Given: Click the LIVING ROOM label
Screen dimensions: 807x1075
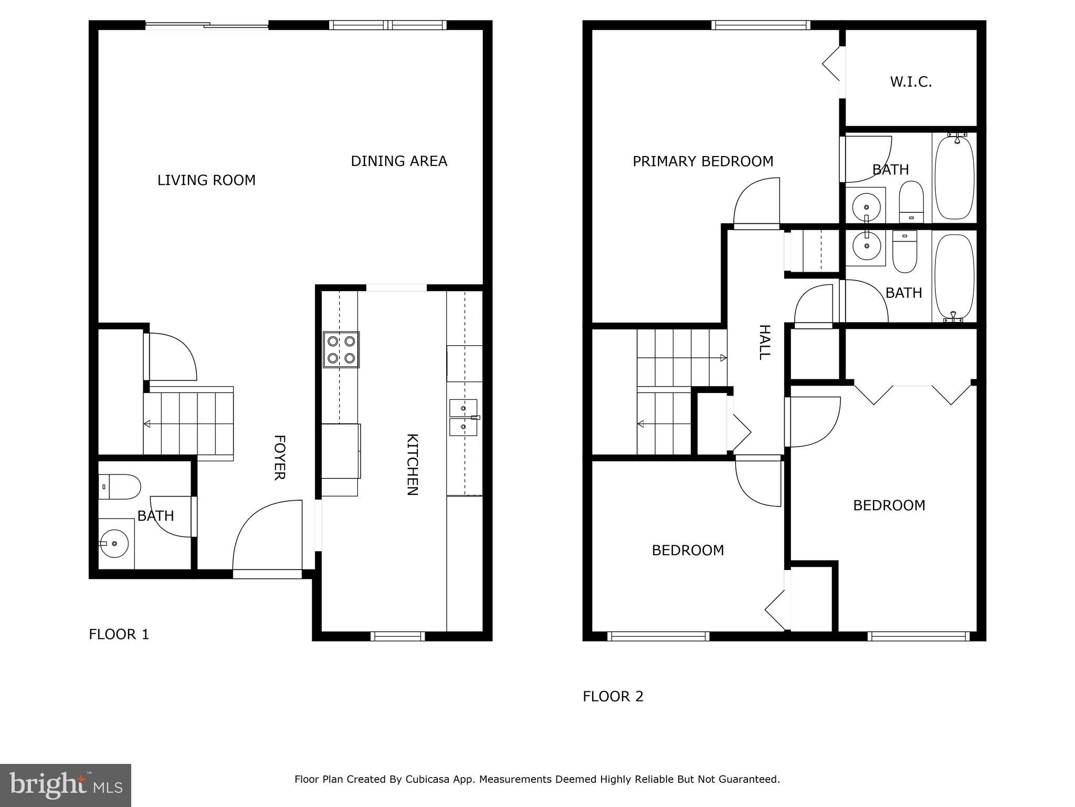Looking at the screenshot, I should pos(206,180).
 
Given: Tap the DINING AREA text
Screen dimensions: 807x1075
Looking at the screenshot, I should pos(399,161).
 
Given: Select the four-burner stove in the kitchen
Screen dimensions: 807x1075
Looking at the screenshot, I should pos(341,349).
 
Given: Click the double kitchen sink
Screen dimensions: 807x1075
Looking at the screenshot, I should pos(463,417).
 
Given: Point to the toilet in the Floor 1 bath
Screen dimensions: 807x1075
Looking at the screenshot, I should pos(120,487).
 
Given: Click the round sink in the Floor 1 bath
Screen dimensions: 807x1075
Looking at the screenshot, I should pos(114,544).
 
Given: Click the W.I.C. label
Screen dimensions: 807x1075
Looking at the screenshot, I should pos(911,82).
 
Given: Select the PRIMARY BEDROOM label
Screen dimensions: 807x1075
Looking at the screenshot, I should pos(703,161).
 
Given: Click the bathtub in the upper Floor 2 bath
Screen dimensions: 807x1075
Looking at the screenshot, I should pos(954,178).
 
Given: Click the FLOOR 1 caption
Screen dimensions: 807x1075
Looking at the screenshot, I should pos(119,635).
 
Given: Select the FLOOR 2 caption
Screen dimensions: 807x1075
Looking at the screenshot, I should pos(613,697).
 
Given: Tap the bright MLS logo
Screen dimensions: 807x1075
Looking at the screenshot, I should pos(66,785).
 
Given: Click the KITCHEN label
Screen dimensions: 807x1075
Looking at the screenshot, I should pos(413,464).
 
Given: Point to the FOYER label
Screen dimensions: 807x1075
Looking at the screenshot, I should pos(279,457).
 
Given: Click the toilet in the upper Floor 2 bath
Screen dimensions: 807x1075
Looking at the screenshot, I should pos(911,202).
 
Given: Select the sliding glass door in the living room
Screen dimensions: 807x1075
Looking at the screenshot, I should pos(207,25).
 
